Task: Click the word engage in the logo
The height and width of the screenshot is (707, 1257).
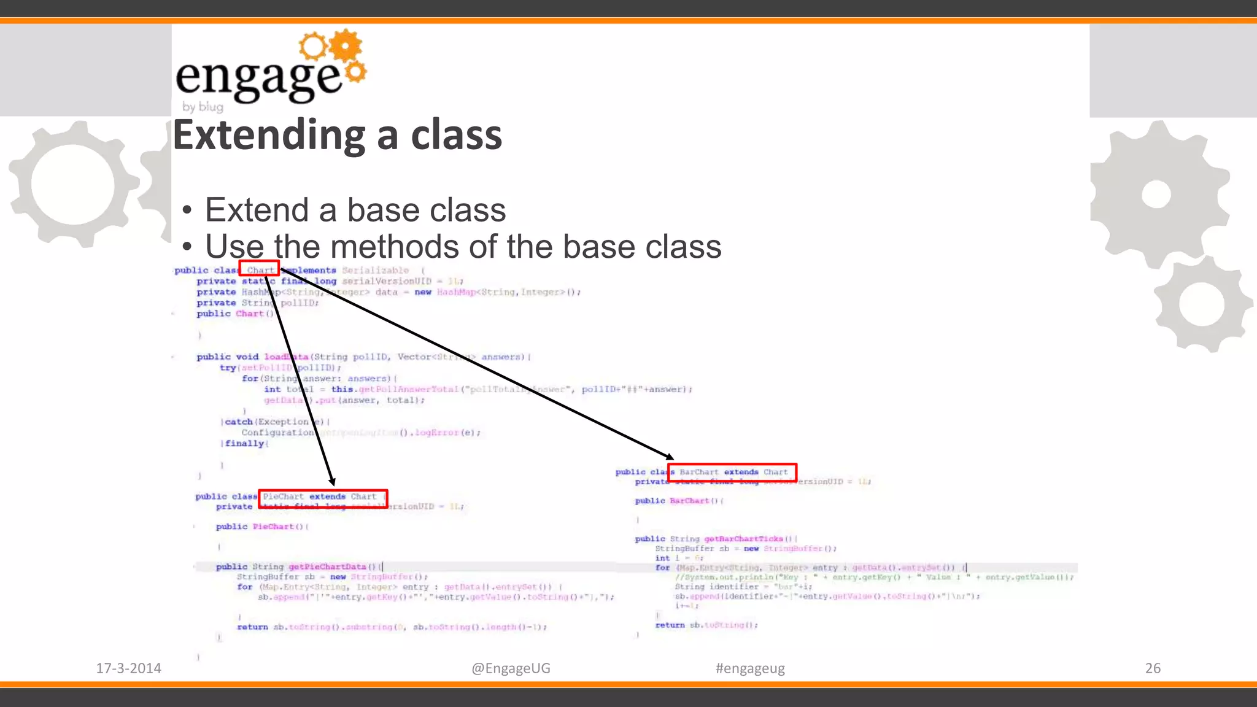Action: pyautogui.click(x=258, y=79)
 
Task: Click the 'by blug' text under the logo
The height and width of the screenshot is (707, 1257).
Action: pyautogui.click(x=203, y=107)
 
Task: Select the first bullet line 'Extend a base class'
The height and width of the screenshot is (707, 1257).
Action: pyautogui.click(x=355, y=210)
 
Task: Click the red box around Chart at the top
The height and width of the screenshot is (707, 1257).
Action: pyautogui.click(x=259, y=269)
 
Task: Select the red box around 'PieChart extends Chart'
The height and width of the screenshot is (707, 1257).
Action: pyautogui.click(x=323, y=498)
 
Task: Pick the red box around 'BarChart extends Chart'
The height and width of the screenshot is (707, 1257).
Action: pyautogui.click(x=732, y=472)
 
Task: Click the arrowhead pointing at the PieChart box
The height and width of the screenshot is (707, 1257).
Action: pyautogui.click(x=332, y=481)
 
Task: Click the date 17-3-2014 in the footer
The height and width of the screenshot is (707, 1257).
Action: pyautogui.click(x=128, y=668)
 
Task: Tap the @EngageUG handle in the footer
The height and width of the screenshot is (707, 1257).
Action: pyautogui.click(x=511, y=668)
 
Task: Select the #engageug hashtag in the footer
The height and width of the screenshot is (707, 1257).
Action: pyautogui.click(x=750, y=668)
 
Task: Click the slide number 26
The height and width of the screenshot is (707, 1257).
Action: pyautogui.click(x=1153, y=668)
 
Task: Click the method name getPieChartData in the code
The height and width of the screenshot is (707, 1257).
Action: pyautogui.click(x=327, y=567)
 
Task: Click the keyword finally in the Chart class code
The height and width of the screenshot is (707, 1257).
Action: pyautogui.click(x=244, y=444)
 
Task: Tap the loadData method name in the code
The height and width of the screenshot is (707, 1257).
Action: pyautogui.click(x=286, y=357)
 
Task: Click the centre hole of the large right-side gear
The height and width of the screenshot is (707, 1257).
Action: pyautogui.click(x=1156, y=195)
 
